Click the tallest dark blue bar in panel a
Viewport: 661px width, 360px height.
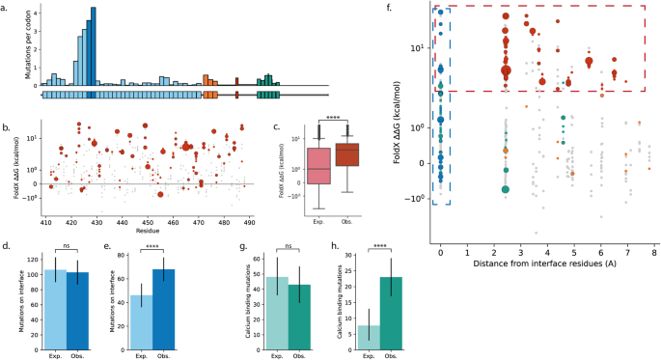[93, 46]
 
